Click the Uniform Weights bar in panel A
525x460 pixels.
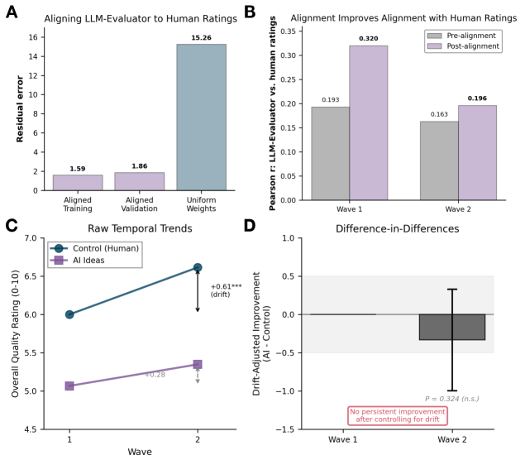[202, 117]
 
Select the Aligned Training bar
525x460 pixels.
[78, 182]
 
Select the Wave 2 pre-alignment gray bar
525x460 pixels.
[439, 161]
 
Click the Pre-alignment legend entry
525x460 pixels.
[463, 36]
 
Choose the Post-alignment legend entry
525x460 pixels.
[465, 46]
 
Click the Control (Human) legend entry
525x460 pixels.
[93, 247]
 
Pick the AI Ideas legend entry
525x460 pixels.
[83, 260]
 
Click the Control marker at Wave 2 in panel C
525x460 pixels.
[198, 267]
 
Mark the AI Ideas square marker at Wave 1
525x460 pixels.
[69, 386]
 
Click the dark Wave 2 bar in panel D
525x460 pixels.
[452, 327]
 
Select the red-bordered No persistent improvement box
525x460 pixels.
[397, 415]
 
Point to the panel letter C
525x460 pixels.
[11, 226]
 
